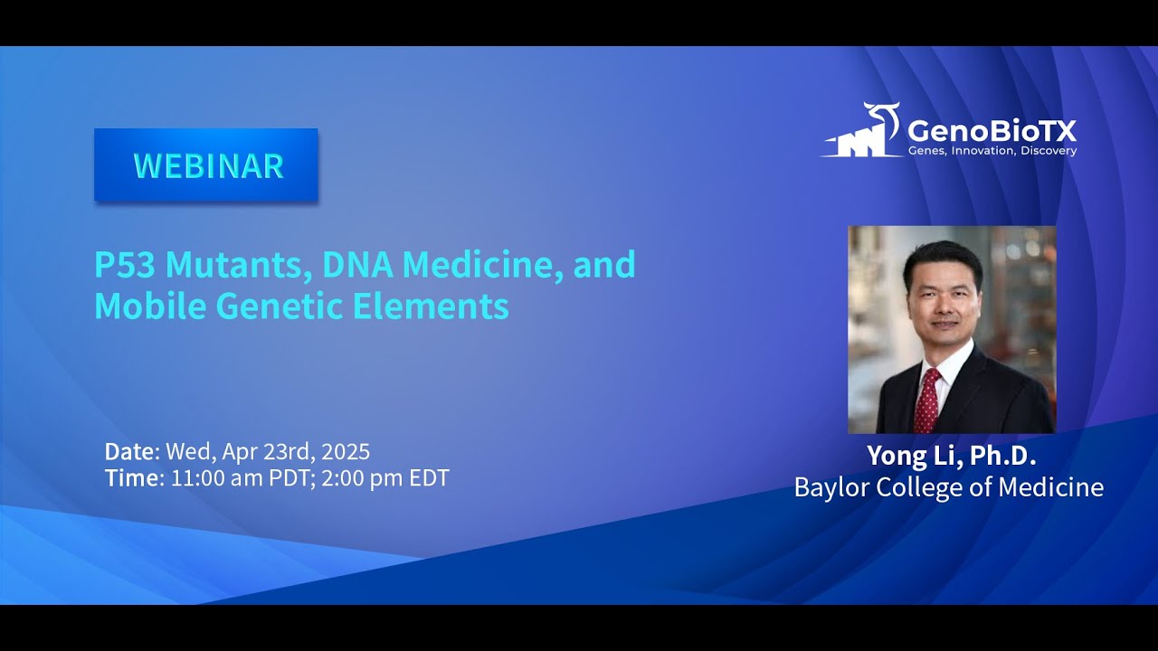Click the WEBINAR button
[206, 165]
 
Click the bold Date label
[131, 451]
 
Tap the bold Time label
[131, 478]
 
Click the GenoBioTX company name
[992, 129]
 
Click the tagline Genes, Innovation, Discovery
[992, 151]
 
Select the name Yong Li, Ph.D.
[951, 456]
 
